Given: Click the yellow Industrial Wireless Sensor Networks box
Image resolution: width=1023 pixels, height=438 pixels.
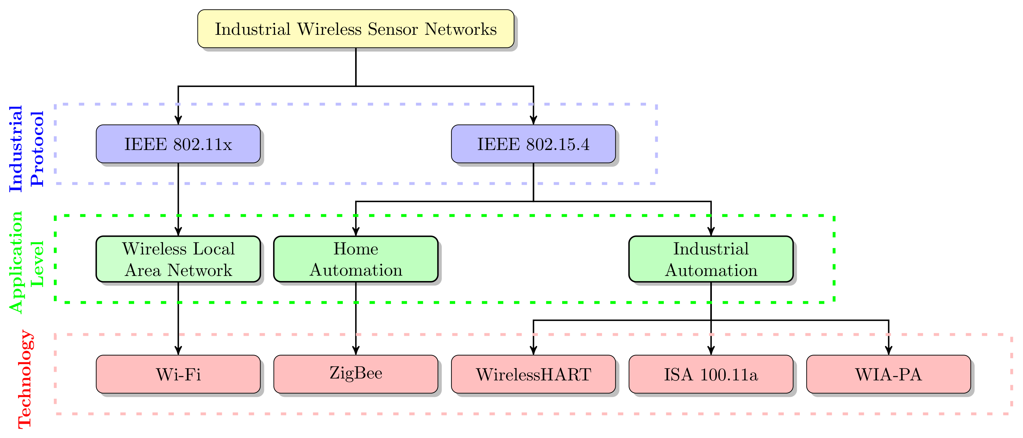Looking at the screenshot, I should (x=355, y=28).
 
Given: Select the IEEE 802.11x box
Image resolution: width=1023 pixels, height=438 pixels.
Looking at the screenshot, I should (x=178, y=144).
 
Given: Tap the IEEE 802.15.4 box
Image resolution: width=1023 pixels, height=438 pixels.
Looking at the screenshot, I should (x=533, y=144).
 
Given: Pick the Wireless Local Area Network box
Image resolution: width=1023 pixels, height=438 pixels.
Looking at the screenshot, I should (x=178, y=259).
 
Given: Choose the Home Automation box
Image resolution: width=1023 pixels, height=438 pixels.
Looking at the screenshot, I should (x=355, y=259).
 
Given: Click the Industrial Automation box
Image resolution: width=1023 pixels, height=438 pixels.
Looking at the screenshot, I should (x=711, y=259).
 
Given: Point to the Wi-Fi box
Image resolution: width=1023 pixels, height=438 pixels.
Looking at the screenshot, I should (x=178, y=374).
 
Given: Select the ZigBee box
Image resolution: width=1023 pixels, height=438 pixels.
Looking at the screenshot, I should (x=355, y=374).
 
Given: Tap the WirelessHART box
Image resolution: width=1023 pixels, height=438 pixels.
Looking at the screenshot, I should (x=533, y=374).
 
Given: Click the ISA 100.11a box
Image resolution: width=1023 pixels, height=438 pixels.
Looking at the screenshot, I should (x=711, y=374).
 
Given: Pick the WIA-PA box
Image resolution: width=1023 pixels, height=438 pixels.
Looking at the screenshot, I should (x=888, y=374).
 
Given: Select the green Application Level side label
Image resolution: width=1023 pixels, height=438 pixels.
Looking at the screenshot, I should (x=26, y=262).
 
